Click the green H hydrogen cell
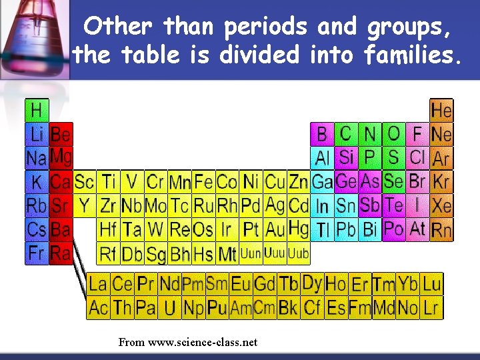click(37, 110)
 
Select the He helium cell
click(441, 110)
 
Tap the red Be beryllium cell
click(61, 134)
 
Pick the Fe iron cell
click(203, 181)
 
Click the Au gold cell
click(275, 230)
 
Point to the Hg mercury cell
click(299, 229)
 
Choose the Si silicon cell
click(346, 157)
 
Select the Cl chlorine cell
click(417, 157)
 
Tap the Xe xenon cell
click(441, 205)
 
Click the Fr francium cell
click(37, 253)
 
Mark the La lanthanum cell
click(98, 284)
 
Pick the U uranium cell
click(170, 308)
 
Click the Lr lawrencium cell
click(431, 308)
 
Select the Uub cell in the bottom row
click(299, 253)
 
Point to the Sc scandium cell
click(84, 181)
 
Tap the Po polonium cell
click(393, 229)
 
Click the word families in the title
click(412, 55)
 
